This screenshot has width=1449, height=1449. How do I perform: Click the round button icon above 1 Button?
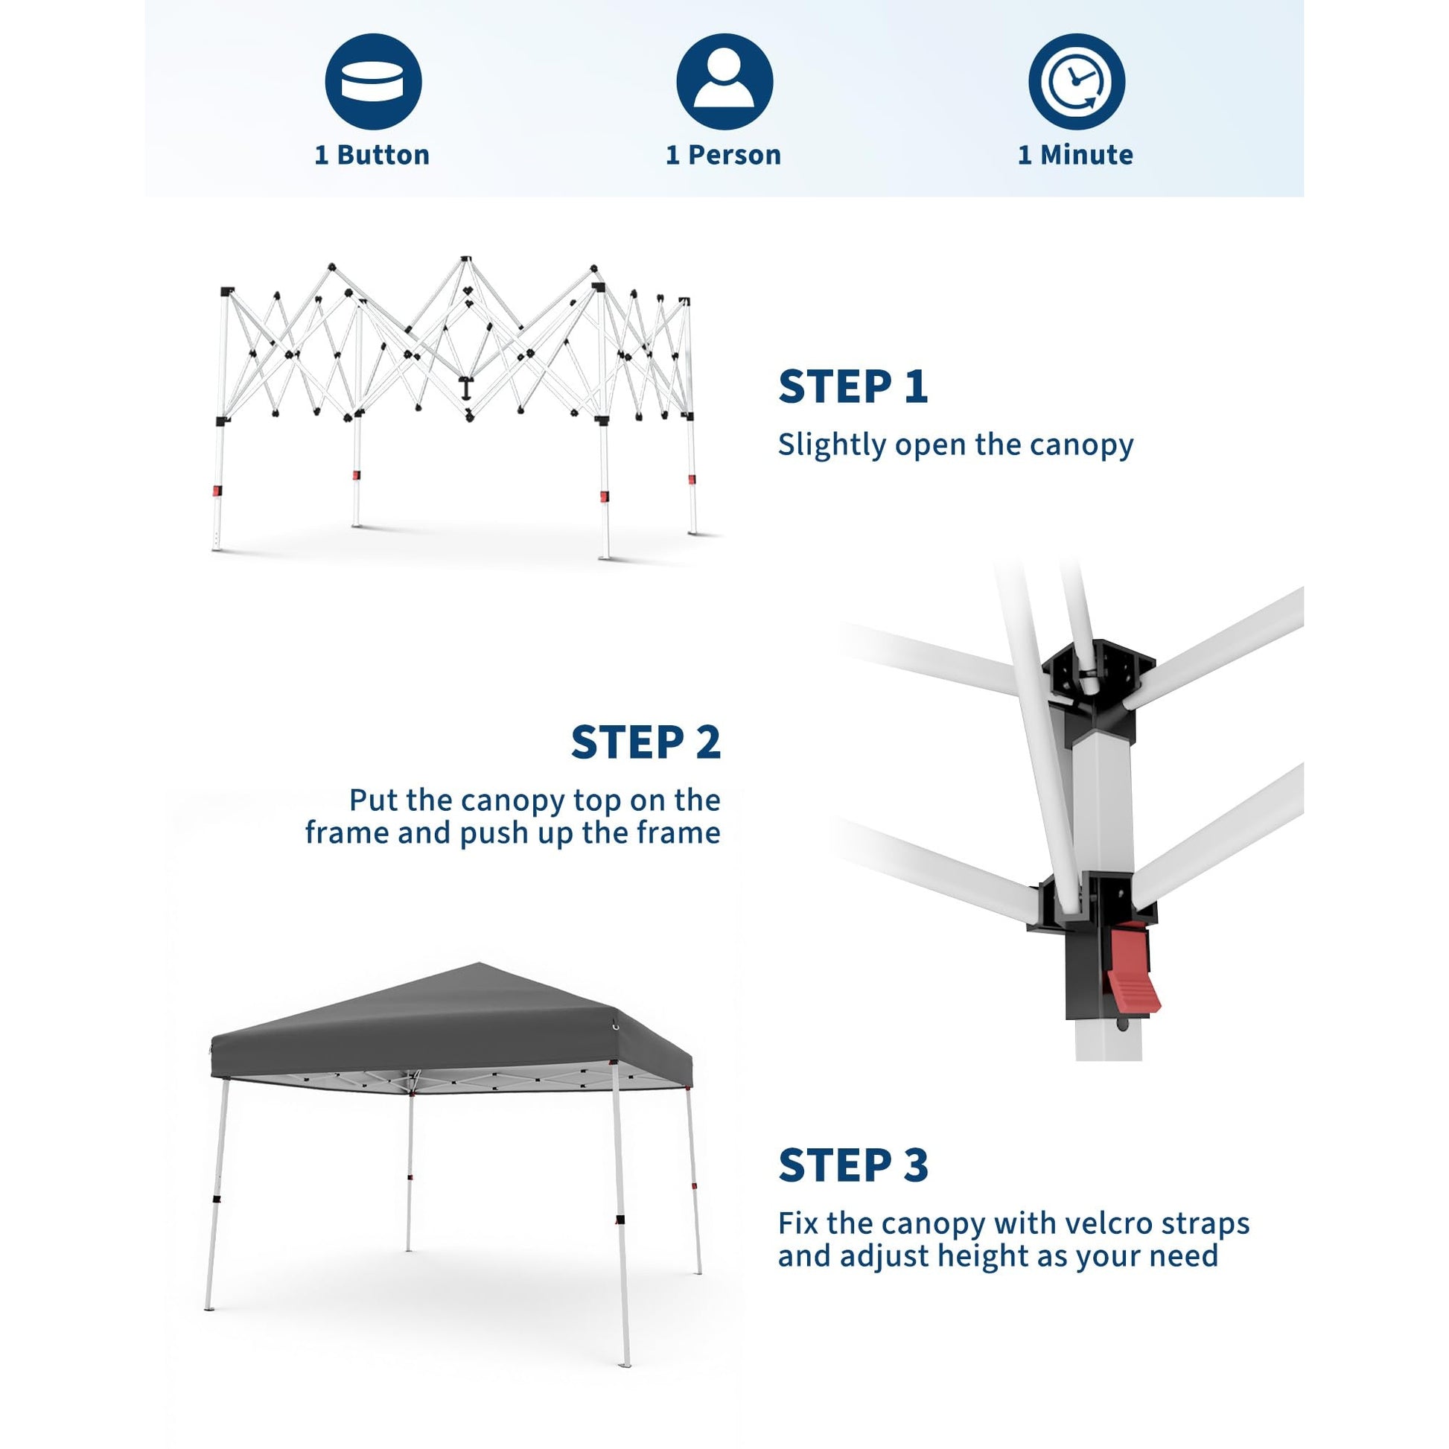tap(373, 82)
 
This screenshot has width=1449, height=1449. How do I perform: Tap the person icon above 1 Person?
tap(724, 82)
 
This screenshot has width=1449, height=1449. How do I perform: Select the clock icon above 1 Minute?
tap(1075, 82)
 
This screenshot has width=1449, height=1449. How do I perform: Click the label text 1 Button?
tap(372, 155)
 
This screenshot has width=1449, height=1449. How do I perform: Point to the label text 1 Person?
tap(723, 155)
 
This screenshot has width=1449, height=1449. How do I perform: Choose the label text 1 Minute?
tap(1074, 155)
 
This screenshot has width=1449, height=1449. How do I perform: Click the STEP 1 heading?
tap(853, 387)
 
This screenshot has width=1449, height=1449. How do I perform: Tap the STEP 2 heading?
tap(646, 742)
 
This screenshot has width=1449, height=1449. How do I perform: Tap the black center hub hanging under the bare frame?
tap(467, 389)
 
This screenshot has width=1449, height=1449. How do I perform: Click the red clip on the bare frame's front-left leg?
tap(217, 491)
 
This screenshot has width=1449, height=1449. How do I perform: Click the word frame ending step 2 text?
tap(684, 833)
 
